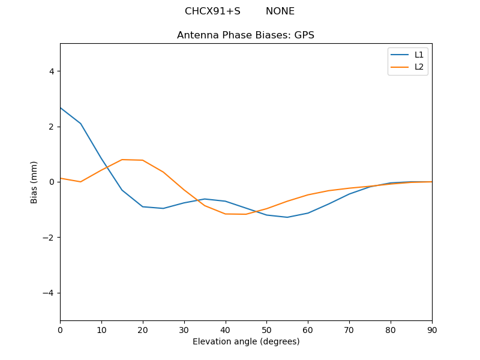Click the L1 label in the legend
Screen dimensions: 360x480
pyautogui.click(x=419, y=55)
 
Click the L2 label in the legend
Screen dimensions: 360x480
pyautogui.click(x=419, y=67)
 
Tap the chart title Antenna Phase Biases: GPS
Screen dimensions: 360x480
pyautogui.click(x=245, y=35)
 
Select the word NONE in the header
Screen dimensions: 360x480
pyautogui.click(x=280, y=11)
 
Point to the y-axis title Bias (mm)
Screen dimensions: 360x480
pyautogui.click(x=34, y=182)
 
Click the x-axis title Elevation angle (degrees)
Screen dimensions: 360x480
pyautogui.click(x=246, y=341)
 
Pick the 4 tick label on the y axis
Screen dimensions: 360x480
pyautogui.click(x=51, y=71)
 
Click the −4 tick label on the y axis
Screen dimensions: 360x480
pyautogui.click(x=49, y=293)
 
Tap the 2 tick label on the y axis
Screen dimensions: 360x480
pyautogui.click(x=51, y=127)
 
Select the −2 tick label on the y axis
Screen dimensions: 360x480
pyautogui.click(x=49, y=238)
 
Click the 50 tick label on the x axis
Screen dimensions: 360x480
pyautogui.click(x=266, y=329)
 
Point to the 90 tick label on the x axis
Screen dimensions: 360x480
pyautogui.click(x=432, y=329)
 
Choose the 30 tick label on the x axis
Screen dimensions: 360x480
pyautogui.click(x=184, y=329)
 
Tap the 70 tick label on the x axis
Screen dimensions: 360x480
pyautogui.click(x=349, y=329)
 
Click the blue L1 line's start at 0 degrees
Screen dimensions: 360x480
pyautogui.click(x=61, y=108)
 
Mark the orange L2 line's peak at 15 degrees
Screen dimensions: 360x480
pyautogui.click(x=122, y=160)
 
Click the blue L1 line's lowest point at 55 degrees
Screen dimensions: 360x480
pyautogui.click(x=287, y=217)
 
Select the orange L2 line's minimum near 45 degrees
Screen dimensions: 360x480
pyautogui.click(x=246, y=214)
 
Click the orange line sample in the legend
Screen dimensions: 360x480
pyautogui.click(x=400, y=67)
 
